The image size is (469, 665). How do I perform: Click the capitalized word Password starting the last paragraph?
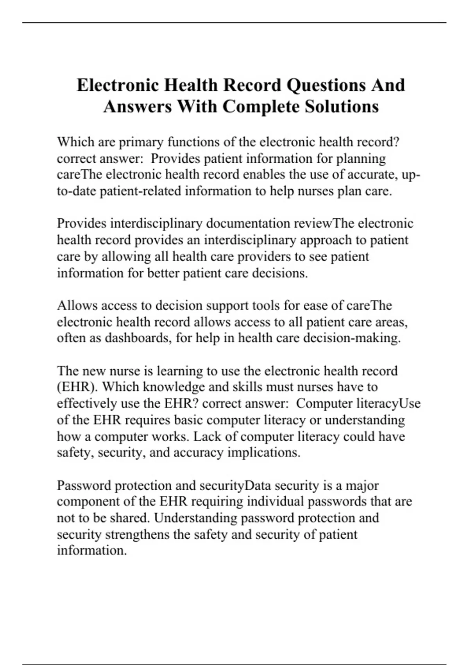[x=84, y=485]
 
